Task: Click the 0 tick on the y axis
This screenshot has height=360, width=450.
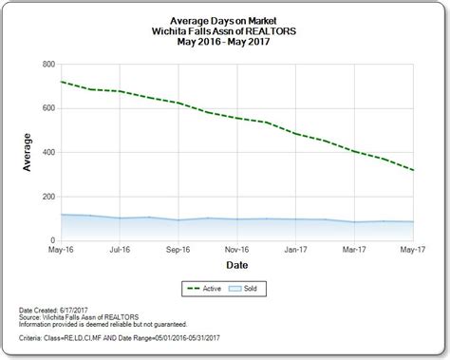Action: click(49, 240)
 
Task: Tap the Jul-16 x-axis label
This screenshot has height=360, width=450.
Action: click(118, 252)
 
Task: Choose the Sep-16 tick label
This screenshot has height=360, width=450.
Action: click(177, 252)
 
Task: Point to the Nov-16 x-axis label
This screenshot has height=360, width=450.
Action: click(235, 252)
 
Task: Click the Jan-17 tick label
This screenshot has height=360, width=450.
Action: click(294, 252)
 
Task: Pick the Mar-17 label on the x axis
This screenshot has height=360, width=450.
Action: click(353, 252)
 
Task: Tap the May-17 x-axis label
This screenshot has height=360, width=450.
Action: click(410, 252)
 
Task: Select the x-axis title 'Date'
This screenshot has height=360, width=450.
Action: click(234, 266)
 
